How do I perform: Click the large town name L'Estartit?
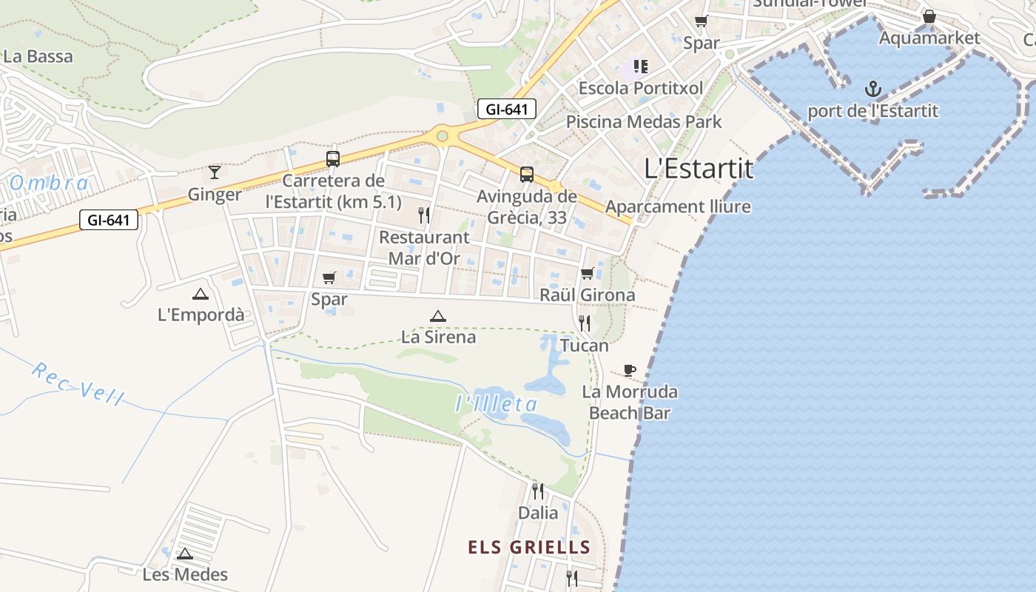coord(699,169)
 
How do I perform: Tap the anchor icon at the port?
coord(873,90)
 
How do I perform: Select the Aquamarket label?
coord(929,38)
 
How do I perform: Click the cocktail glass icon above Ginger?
coord(215,172)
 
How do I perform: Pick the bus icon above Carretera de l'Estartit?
coord(333,159)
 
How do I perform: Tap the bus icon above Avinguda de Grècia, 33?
coord(526,175)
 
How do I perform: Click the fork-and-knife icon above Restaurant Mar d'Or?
coord(424,215)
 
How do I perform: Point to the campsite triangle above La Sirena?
coord(438,317)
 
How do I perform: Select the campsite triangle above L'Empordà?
coord(201,294)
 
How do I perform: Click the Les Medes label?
coord(185,573)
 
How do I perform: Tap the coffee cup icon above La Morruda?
coord(630,370)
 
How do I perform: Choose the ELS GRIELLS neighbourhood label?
coord(529,548)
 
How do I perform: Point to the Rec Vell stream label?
coord(78,383)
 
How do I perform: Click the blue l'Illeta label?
coord(496,404)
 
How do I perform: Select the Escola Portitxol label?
coord(641,88)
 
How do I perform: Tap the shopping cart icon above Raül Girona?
coord(588,274)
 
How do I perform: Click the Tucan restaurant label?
coord(585,346)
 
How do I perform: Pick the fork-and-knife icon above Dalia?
coord(538,491)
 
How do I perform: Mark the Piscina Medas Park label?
coord(644,121)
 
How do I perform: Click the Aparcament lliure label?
coord(678,207)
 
